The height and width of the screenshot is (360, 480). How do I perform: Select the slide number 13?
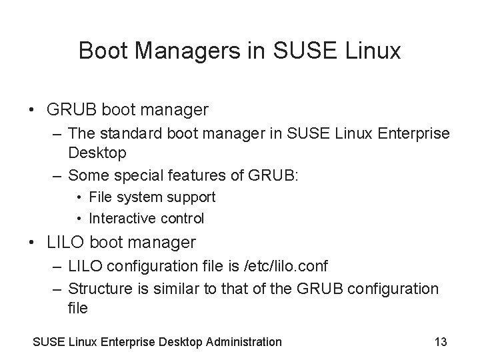(440, 342)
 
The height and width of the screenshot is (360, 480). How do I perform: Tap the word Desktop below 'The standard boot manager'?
(97, 153)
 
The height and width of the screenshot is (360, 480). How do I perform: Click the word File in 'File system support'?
(101, 197)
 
